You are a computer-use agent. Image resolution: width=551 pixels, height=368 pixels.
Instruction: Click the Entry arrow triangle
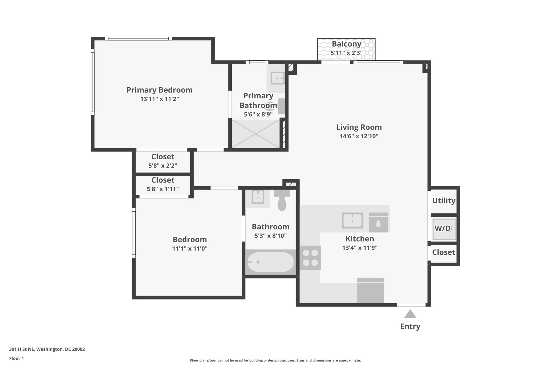(410, 314)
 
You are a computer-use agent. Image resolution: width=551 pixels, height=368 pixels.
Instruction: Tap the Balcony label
(346, 44)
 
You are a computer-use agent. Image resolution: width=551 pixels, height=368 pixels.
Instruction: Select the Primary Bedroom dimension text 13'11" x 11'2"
(160, 99)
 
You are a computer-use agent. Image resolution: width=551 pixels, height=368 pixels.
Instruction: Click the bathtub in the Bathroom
(270, 262)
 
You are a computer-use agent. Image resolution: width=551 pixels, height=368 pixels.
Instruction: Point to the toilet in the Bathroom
(282, 201)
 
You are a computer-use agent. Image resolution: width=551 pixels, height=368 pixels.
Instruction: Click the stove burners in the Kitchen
(310, 258)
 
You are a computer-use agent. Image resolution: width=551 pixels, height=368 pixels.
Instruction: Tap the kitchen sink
(352, 221)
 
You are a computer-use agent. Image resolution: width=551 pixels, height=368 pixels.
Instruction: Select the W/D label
(443, 228)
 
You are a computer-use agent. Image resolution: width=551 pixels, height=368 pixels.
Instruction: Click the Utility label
(444, 201)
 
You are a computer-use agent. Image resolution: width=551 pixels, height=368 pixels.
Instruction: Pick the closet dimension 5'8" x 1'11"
(163, 189)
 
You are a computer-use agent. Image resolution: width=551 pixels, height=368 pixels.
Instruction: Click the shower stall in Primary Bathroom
(256, 134)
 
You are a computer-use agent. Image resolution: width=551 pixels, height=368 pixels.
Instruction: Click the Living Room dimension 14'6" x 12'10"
(359, 136)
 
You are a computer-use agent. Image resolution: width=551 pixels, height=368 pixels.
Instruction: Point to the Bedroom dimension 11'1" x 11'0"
(190, 249)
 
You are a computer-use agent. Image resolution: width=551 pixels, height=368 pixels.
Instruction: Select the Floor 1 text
(16, 358)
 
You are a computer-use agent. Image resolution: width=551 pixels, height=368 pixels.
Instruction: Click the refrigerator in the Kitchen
(370, 291)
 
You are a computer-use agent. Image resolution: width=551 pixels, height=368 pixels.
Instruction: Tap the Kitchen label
(360, 239)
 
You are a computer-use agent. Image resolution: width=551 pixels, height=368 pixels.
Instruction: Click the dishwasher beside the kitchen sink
(378, 223)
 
